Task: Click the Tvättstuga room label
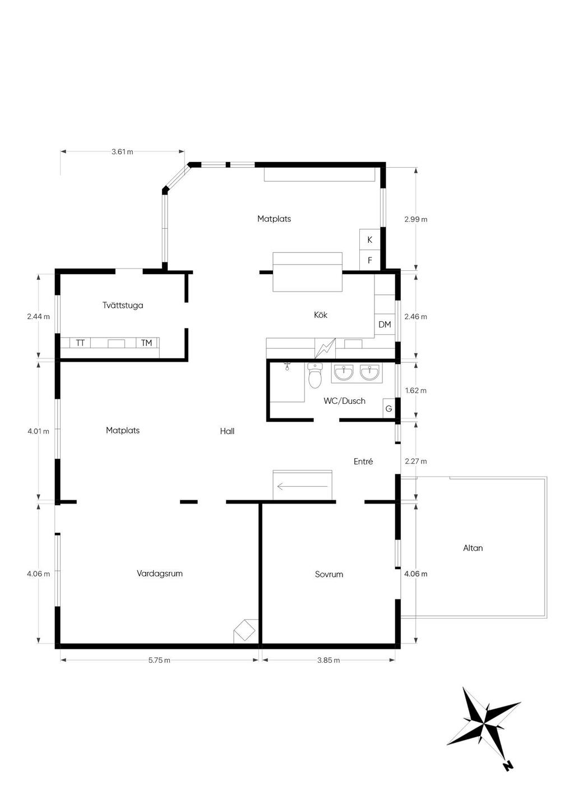click(123, 305)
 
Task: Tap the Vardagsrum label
click(159, 574)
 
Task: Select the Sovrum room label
click(328, 574)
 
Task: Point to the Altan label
click(473, 548)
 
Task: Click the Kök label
click(321, 315)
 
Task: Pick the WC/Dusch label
click(344, 401)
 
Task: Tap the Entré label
click(363, 461)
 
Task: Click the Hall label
click(227, 431)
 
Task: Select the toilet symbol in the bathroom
click(315, 376)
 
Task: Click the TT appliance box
click(81, 343)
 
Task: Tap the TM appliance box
click(146, 343)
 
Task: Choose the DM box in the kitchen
click(385, 325)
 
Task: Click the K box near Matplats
click(369, 239)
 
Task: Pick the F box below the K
click(369, 260)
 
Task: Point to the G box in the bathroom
click(389, 409)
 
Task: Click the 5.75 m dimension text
click(159, 660)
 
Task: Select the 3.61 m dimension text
click(122, 152)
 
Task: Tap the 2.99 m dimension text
click(415, 219)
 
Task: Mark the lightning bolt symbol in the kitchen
click(325, 348)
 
